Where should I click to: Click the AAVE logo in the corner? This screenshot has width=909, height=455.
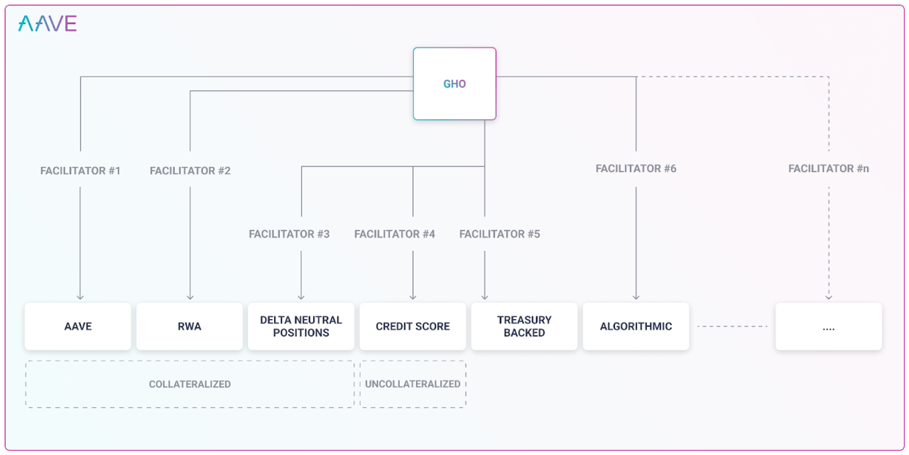[x=48, y=23]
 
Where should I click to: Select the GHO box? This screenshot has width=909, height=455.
[x=454, y=84]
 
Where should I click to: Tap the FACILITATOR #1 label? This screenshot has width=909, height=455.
[x=80, y=171]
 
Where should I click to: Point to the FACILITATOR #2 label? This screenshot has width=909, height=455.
[x=190, y=171]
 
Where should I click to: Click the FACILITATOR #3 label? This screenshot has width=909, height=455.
[x=289, y=234]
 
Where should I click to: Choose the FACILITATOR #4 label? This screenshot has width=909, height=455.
[x=394, y=234]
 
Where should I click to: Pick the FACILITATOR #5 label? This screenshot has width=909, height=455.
[x=499, y=234]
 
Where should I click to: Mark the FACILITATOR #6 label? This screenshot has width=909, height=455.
[x=636, y=168]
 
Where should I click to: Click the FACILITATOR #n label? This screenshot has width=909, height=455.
[x=829, y=168]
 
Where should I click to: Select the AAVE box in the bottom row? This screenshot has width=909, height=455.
[x=78, y=326]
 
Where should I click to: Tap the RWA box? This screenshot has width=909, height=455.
[x=190, y=326]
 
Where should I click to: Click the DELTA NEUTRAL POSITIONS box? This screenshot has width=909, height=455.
[x=301, y=326]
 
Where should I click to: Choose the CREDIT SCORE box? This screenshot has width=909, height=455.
[x=413, y=326]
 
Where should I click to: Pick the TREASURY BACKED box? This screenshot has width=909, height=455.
[x=524, y=326]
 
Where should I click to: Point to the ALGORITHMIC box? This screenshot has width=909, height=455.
[x=636, y=326]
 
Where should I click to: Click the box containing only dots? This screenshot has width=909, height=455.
[x=829, y=326]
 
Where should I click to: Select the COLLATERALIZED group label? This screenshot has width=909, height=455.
[x=190, y=385]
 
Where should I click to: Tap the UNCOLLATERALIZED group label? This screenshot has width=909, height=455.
[x=413, y=385]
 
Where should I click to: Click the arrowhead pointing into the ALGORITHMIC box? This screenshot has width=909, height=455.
[x=636, y=298]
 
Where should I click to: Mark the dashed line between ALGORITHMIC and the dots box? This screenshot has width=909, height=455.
[x=732, y=326]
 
